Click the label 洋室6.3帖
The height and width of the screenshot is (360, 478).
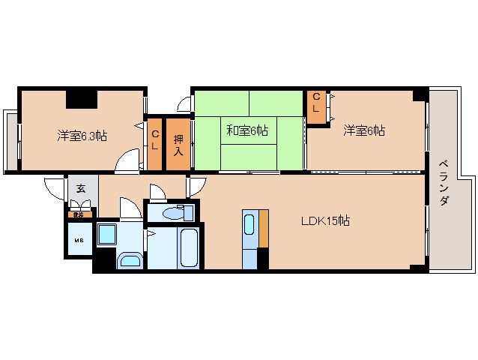[x=82, y=136]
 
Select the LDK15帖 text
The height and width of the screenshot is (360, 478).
[x=325, y=220]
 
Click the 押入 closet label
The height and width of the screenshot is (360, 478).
[x=178, y=145]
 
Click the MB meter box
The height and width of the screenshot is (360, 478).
[x=79, y=240]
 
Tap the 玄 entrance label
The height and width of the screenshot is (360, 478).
[x=80, y=189]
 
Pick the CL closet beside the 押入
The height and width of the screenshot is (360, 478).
[x=155, y=141]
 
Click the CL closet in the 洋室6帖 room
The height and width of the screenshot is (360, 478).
[x=315, y=103]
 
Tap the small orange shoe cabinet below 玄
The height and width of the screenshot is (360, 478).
[x=78, y=214]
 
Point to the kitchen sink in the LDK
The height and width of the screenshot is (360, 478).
[x=250, y=225]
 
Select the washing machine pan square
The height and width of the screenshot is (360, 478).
[x=108, y=235]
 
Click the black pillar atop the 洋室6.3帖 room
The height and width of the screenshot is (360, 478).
[x=82, y=98]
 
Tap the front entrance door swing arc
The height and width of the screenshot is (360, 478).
[x=55, y=187]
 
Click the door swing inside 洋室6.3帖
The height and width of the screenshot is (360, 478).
[x=129, y=160]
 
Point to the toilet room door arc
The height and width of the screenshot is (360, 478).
[x=159, y=192]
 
